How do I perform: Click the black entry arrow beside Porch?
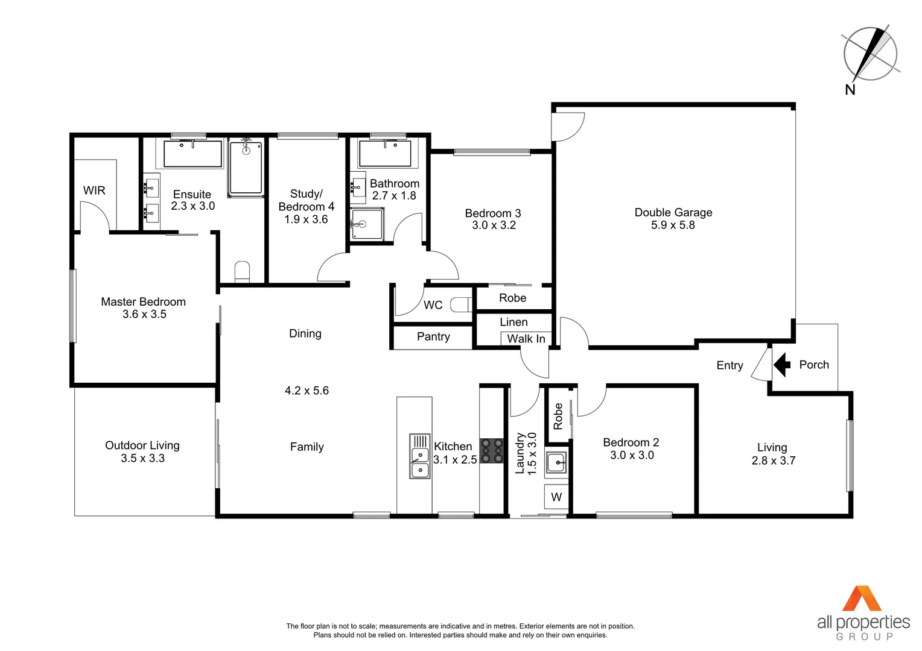coord(782,364)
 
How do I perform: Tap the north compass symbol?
coord(870,54)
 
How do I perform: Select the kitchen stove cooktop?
coord(492,450)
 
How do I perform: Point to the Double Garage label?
coord(673,212)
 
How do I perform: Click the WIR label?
coord(94,190)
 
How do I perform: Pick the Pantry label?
coord(433,336)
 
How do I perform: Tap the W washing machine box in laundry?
coord(556,497)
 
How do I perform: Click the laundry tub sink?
coord(556,463)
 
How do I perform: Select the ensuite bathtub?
coord(192,154)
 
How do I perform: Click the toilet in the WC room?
coord(463,305)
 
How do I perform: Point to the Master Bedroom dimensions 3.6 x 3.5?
coord(144,314)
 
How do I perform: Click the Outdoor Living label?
coord(142,445)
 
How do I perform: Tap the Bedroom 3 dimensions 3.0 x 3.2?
coord(494,225)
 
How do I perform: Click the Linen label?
coord(513,322)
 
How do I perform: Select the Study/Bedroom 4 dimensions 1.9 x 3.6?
coord(306,219)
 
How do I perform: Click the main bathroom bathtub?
coord(385,154)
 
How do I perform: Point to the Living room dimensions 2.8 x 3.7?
coord(773,461)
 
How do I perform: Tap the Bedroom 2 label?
coord(631,442)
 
